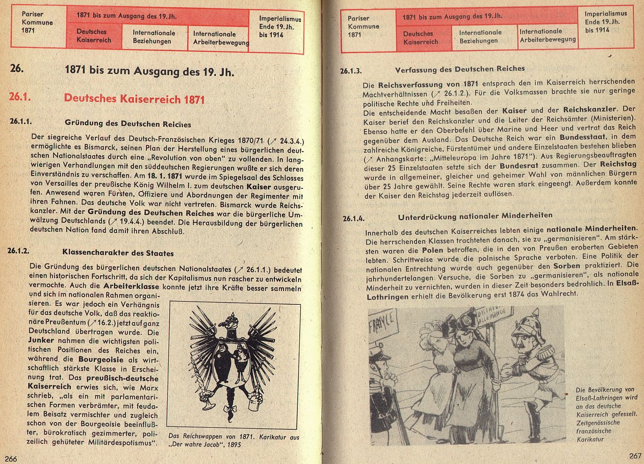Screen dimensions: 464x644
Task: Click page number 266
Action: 11,458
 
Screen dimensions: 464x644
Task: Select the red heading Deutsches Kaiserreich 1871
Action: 134,99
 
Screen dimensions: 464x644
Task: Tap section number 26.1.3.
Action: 351,71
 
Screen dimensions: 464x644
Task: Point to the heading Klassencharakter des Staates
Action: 118,253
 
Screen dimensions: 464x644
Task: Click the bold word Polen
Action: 432,251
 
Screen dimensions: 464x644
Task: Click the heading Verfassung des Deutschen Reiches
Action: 459,68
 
